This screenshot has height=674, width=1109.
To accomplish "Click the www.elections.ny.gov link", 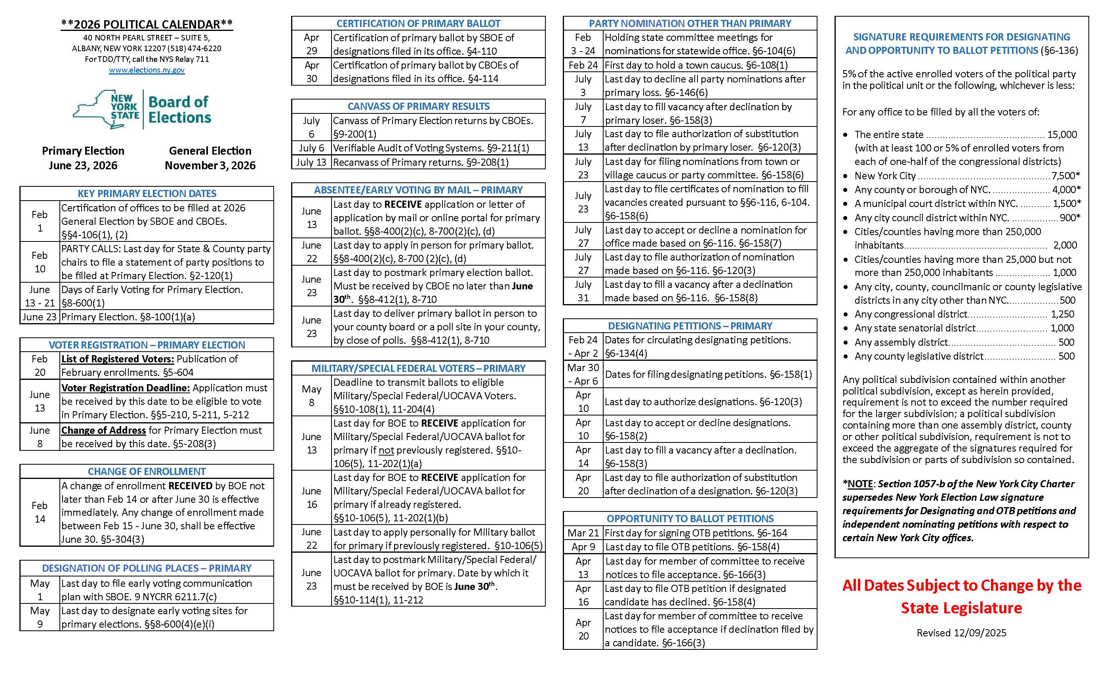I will pos(147,70).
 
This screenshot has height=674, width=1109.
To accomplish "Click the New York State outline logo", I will pos(106,109).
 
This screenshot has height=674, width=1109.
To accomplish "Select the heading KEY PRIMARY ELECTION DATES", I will pos(147,194).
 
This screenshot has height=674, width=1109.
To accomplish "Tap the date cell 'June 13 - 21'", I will pos(40,296).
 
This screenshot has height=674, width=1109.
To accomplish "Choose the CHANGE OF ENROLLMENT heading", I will pos(147,472).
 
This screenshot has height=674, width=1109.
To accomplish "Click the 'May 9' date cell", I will pos(40,617).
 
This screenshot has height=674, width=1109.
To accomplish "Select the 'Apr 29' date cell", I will pos(311,44).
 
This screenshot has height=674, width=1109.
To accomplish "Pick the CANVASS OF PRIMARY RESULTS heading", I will pos(418,106).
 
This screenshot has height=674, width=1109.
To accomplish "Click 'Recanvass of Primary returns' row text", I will pos(420,162).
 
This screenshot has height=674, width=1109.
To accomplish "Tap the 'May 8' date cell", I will pos(311,396).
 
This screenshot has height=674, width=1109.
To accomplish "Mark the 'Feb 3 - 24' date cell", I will pos(583,44).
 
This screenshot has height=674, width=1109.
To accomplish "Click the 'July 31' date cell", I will pos(583,291).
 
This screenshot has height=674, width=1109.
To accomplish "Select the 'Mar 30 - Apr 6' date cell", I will pos(583,374).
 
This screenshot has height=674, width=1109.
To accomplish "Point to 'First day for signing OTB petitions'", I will pos(696,533).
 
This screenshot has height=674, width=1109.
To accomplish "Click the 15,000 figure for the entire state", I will pos(1062,135).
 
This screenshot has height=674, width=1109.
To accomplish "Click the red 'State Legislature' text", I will pos(961,608).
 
